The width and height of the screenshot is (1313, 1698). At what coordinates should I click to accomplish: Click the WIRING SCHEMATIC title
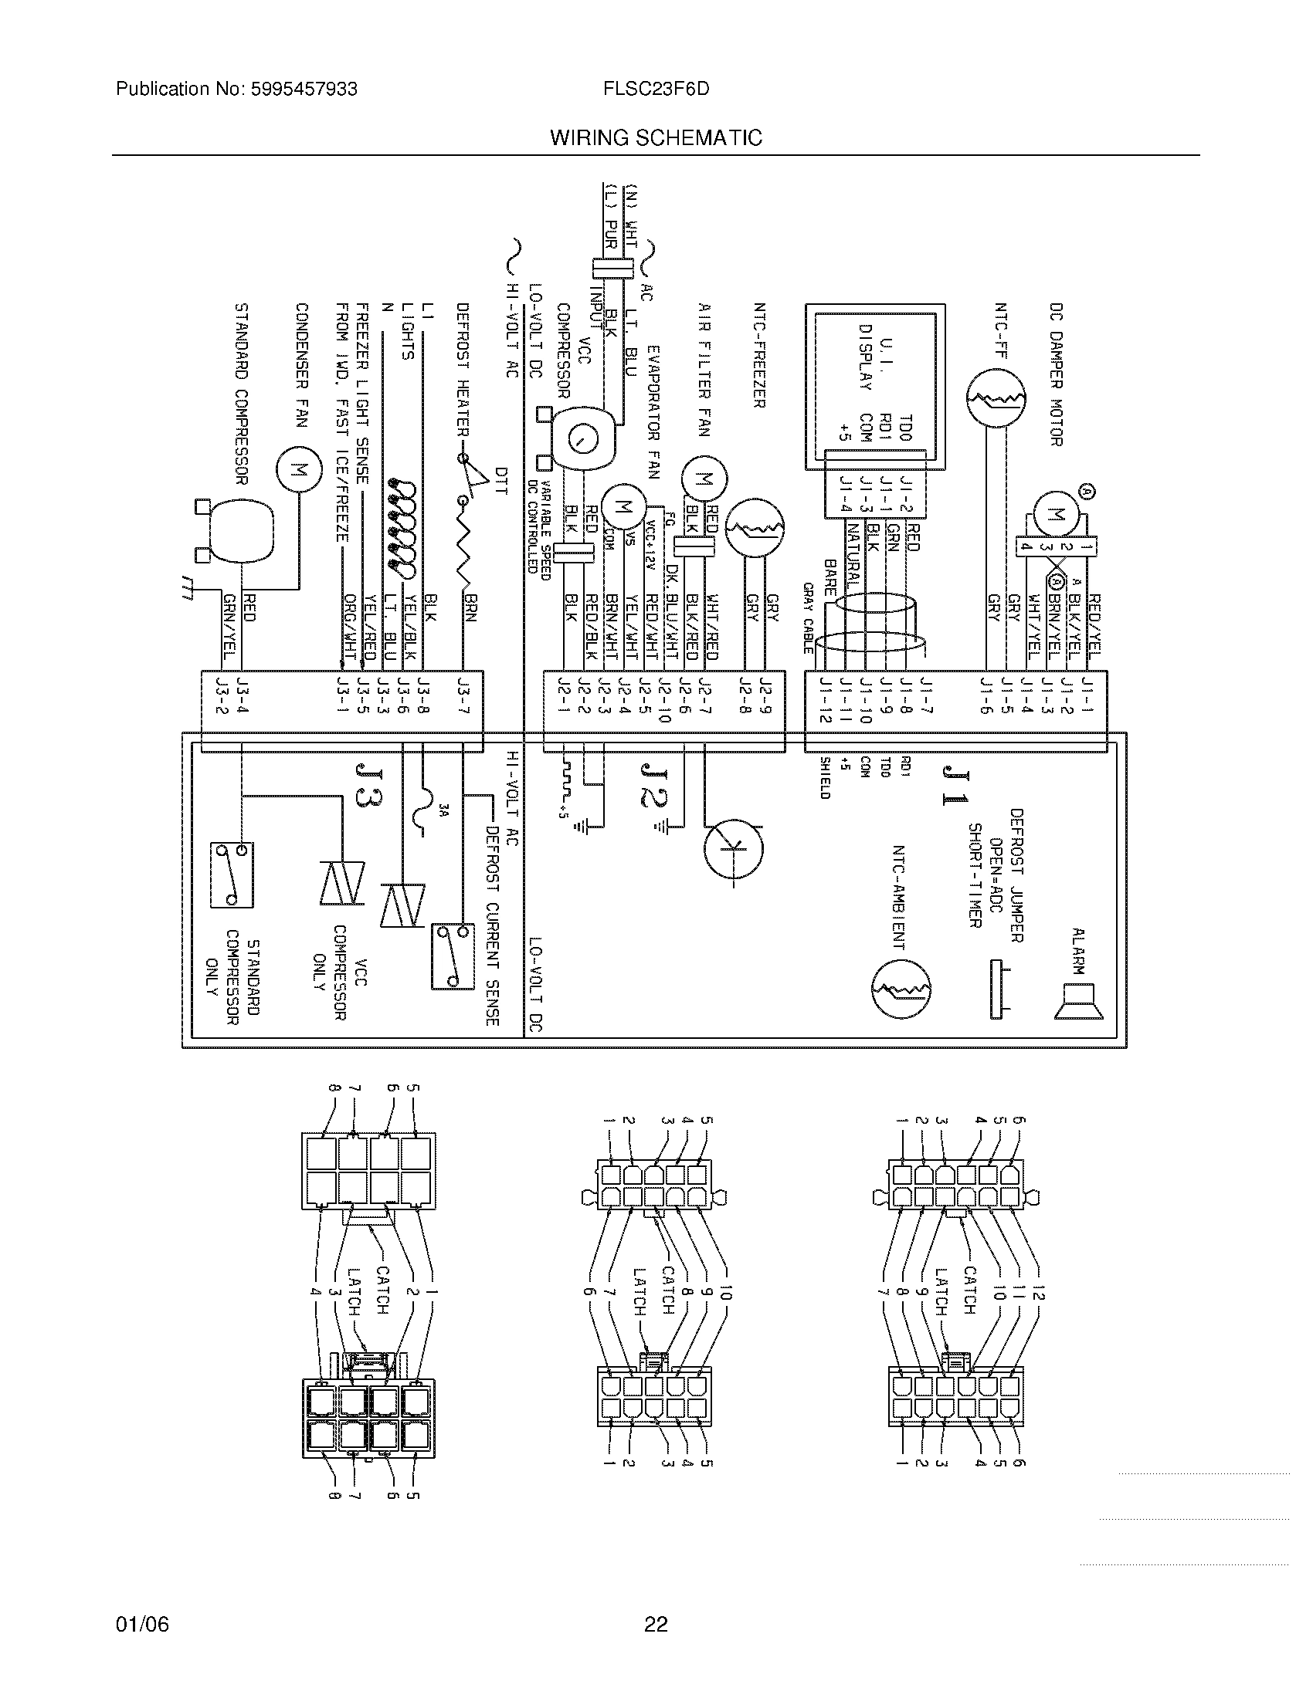[656, 137]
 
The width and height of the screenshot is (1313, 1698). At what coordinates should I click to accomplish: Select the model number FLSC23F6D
[656, 89]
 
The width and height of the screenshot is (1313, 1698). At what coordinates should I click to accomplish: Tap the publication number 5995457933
[304, 89]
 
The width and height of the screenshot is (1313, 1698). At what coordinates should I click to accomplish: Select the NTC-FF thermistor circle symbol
[996, 398]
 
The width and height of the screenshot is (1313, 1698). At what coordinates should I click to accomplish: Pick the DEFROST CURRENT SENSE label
[491, 925]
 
